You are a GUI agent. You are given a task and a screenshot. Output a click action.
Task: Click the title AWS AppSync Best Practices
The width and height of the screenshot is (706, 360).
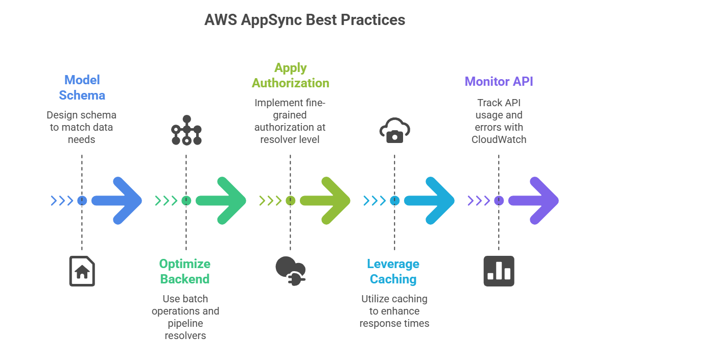pyautogui.click(x=304, y=20)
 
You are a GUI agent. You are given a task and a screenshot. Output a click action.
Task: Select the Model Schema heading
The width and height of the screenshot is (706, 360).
pyautogui.click(x=82, y=87)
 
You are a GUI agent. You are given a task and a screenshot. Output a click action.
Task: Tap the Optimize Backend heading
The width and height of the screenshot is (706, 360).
pyautogui.click(x=185, y=271)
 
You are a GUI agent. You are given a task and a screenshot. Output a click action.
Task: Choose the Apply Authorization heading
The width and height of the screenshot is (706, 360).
pyautogui.click(x=290, y=76)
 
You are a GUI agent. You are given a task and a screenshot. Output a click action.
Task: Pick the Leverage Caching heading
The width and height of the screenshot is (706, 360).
pyautogui.click(x=393, y=271)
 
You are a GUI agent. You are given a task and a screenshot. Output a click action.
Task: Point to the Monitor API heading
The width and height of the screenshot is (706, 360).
pyautogui.click(x=499, y=81)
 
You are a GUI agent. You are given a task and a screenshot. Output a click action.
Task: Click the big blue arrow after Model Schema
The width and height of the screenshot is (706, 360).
pyautogui.click(x=117, y=201)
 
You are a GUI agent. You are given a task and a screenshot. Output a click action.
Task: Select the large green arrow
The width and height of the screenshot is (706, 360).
pyautogui.click(x=221, y=201)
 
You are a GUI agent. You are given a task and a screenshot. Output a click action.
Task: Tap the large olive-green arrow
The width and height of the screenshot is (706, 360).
pyautogui.click(x=325, y=201)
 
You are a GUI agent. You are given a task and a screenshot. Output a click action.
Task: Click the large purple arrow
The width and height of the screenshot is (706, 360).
pyautogui.click(x=534, y=201)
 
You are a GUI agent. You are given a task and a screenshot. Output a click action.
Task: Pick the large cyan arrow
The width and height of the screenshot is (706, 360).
pyautogui.click(x=430, y=201)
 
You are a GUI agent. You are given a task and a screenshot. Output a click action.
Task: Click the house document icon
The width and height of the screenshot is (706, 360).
pyautogui.click(x=82, y=271)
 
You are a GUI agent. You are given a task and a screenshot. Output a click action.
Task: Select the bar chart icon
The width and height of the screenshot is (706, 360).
pyautogui.click(x=499, y=271)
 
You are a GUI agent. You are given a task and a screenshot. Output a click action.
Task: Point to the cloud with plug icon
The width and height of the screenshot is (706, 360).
pyautogui.click(x=290, y=270)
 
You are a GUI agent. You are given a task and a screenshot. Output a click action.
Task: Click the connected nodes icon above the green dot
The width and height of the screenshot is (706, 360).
pyautogui.click(x=186, y=130)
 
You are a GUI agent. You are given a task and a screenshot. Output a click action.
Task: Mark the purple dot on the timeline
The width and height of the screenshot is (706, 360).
pyautogui.click(x=499, y=201)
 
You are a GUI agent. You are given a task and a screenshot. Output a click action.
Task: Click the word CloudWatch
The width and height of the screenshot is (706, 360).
pyautogui.click(x=499, y=139)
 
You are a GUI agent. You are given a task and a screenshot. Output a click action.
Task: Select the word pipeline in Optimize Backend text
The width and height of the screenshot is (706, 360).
pyautogui.click(x=185, y=323)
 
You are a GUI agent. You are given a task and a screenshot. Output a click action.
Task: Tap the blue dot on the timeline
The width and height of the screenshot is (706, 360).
pyautogui.click(x=82, y=201)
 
